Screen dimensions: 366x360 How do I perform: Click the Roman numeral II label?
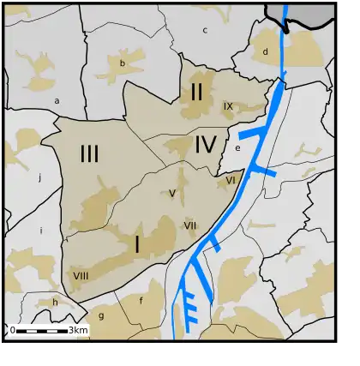(x=196, y=90)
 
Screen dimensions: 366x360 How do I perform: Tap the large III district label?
(x=89, y=154)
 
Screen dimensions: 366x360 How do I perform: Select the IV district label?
(x=205, y=145)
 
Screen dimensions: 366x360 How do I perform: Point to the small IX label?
(x=228, y=106)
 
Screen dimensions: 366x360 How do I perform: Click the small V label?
(x=172, y=194)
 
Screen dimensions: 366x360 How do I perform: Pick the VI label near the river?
(x=231, y=180)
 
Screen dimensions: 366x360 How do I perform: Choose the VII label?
(x=189, y=225)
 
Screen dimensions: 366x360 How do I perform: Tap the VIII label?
(x=81, y=275)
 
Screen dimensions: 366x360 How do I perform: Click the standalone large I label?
(x=136, y=245)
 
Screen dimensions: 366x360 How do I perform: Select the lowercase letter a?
(x=57, y=100)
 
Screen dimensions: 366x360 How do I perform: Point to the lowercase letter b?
(x=122, y=63)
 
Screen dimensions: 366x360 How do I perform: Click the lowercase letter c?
(x=205, y=30)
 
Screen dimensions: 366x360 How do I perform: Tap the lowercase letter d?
(x=266, y=51)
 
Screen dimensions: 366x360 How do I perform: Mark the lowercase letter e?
(x=237, y=147)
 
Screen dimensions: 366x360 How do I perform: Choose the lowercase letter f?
(x=141, y=300)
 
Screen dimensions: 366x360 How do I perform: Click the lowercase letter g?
(x=100, y=315)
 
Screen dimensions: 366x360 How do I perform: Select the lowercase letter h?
(x=54, y=302)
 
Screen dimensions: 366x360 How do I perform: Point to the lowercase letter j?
(x=39, y=178)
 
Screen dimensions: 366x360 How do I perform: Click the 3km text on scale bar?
(x=78, y=330)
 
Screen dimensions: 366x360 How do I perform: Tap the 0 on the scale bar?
(x=12, y=330)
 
